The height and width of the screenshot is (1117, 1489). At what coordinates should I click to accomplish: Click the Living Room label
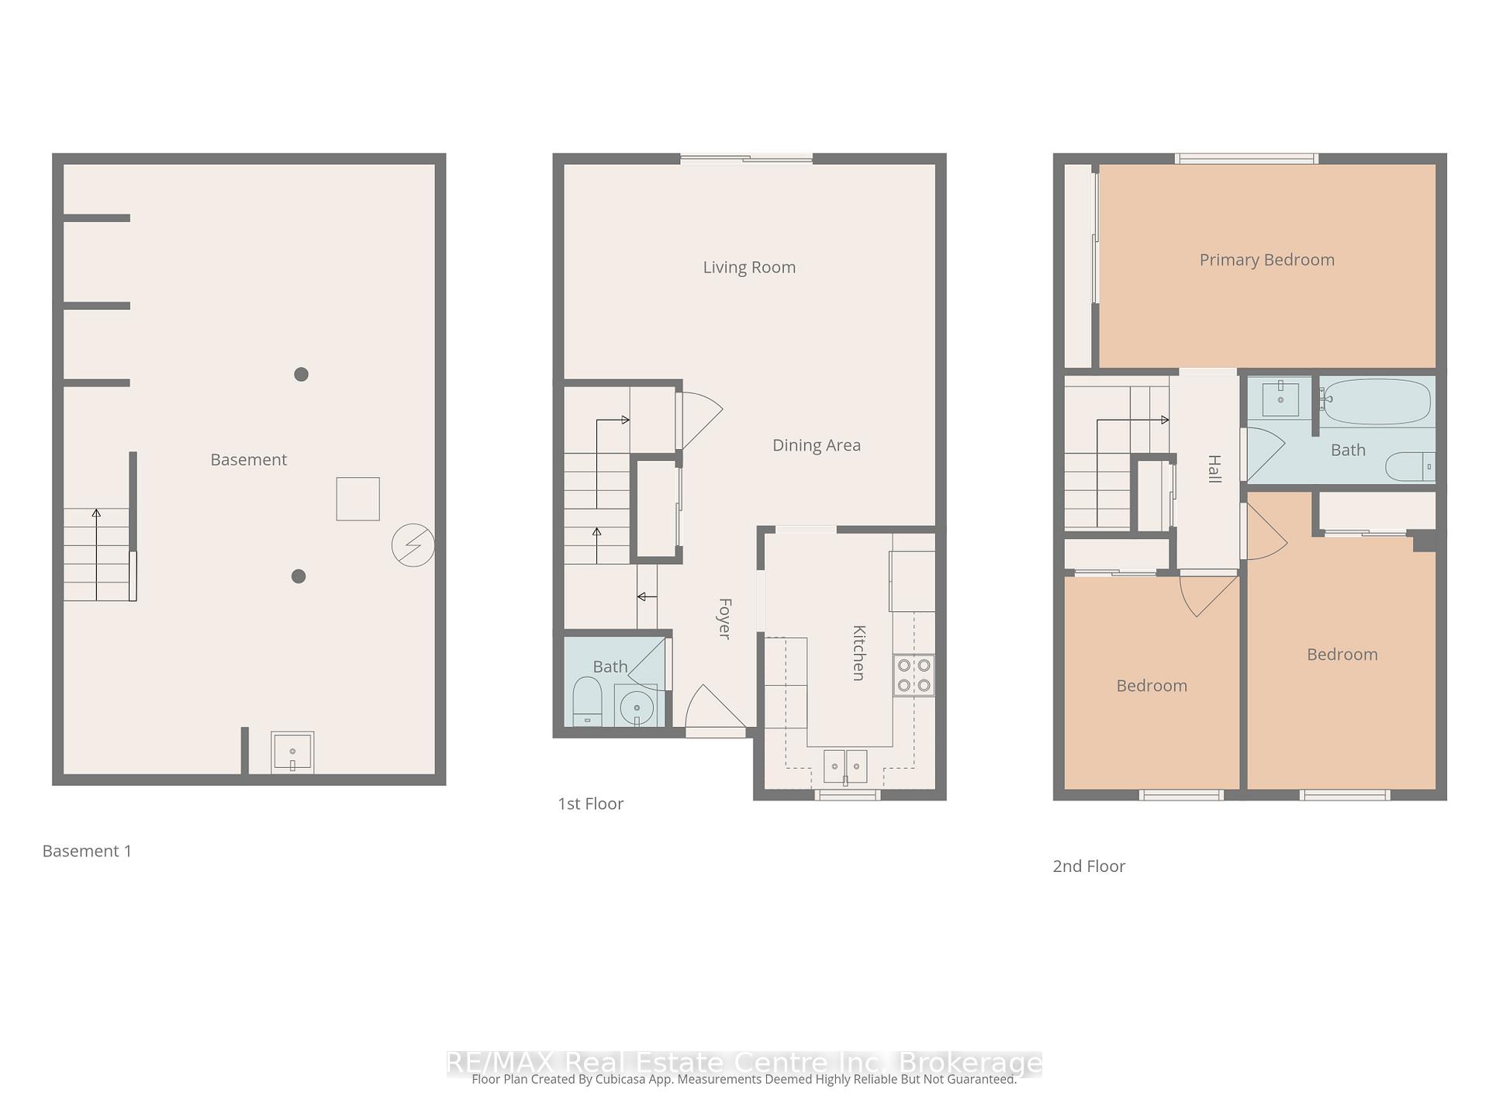point(749,268)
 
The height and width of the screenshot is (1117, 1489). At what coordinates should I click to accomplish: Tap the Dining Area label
point(816,445)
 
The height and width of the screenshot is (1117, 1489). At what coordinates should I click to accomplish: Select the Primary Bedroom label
point(1266,260)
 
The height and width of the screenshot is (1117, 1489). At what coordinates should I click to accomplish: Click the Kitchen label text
point(859,652)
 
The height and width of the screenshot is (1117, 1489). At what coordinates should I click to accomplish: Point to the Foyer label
point(724,618)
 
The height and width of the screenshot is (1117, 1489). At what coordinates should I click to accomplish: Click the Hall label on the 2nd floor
point(1214,469)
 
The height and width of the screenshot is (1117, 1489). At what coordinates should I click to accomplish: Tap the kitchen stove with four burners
point(914,675)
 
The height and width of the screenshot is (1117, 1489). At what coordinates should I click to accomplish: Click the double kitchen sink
point(845,766)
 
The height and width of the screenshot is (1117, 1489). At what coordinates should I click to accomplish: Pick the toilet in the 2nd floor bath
point(1410,466)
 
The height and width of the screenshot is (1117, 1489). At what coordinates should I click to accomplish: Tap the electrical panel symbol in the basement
point(413,545)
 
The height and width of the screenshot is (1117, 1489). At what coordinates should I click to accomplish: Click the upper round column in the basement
point(302,375)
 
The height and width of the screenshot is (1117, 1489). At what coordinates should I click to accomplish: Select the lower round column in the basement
point(299,576)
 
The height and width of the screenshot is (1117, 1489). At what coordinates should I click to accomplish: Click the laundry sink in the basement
point(292,752)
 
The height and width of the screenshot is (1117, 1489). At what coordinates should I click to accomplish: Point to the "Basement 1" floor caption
point(87,851)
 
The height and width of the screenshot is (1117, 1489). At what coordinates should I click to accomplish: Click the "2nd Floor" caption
point(1088,866)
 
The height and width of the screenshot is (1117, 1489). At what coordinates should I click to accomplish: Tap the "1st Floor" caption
point(590,804)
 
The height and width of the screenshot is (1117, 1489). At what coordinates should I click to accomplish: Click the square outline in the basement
point(358,499)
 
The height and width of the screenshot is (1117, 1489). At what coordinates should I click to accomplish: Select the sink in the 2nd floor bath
point(1280,399)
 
